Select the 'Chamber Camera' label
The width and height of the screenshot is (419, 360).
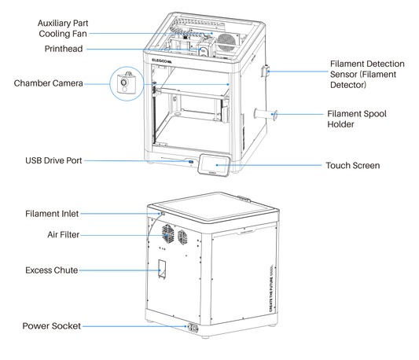click(48, 83)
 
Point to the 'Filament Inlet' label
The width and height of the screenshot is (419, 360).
click(53, 213)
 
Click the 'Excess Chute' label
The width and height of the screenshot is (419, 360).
click(50, 270)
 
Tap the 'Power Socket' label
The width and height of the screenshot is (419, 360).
click(51, 325)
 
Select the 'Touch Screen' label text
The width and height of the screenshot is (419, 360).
click(353, 166)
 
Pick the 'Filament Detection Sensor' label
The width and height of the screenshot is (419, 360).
click(366, 73)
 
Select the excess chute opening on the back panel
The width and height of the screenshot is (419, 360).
click(163, 269)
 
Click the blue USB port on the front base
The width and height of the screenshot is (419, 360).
click(190, 162)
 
